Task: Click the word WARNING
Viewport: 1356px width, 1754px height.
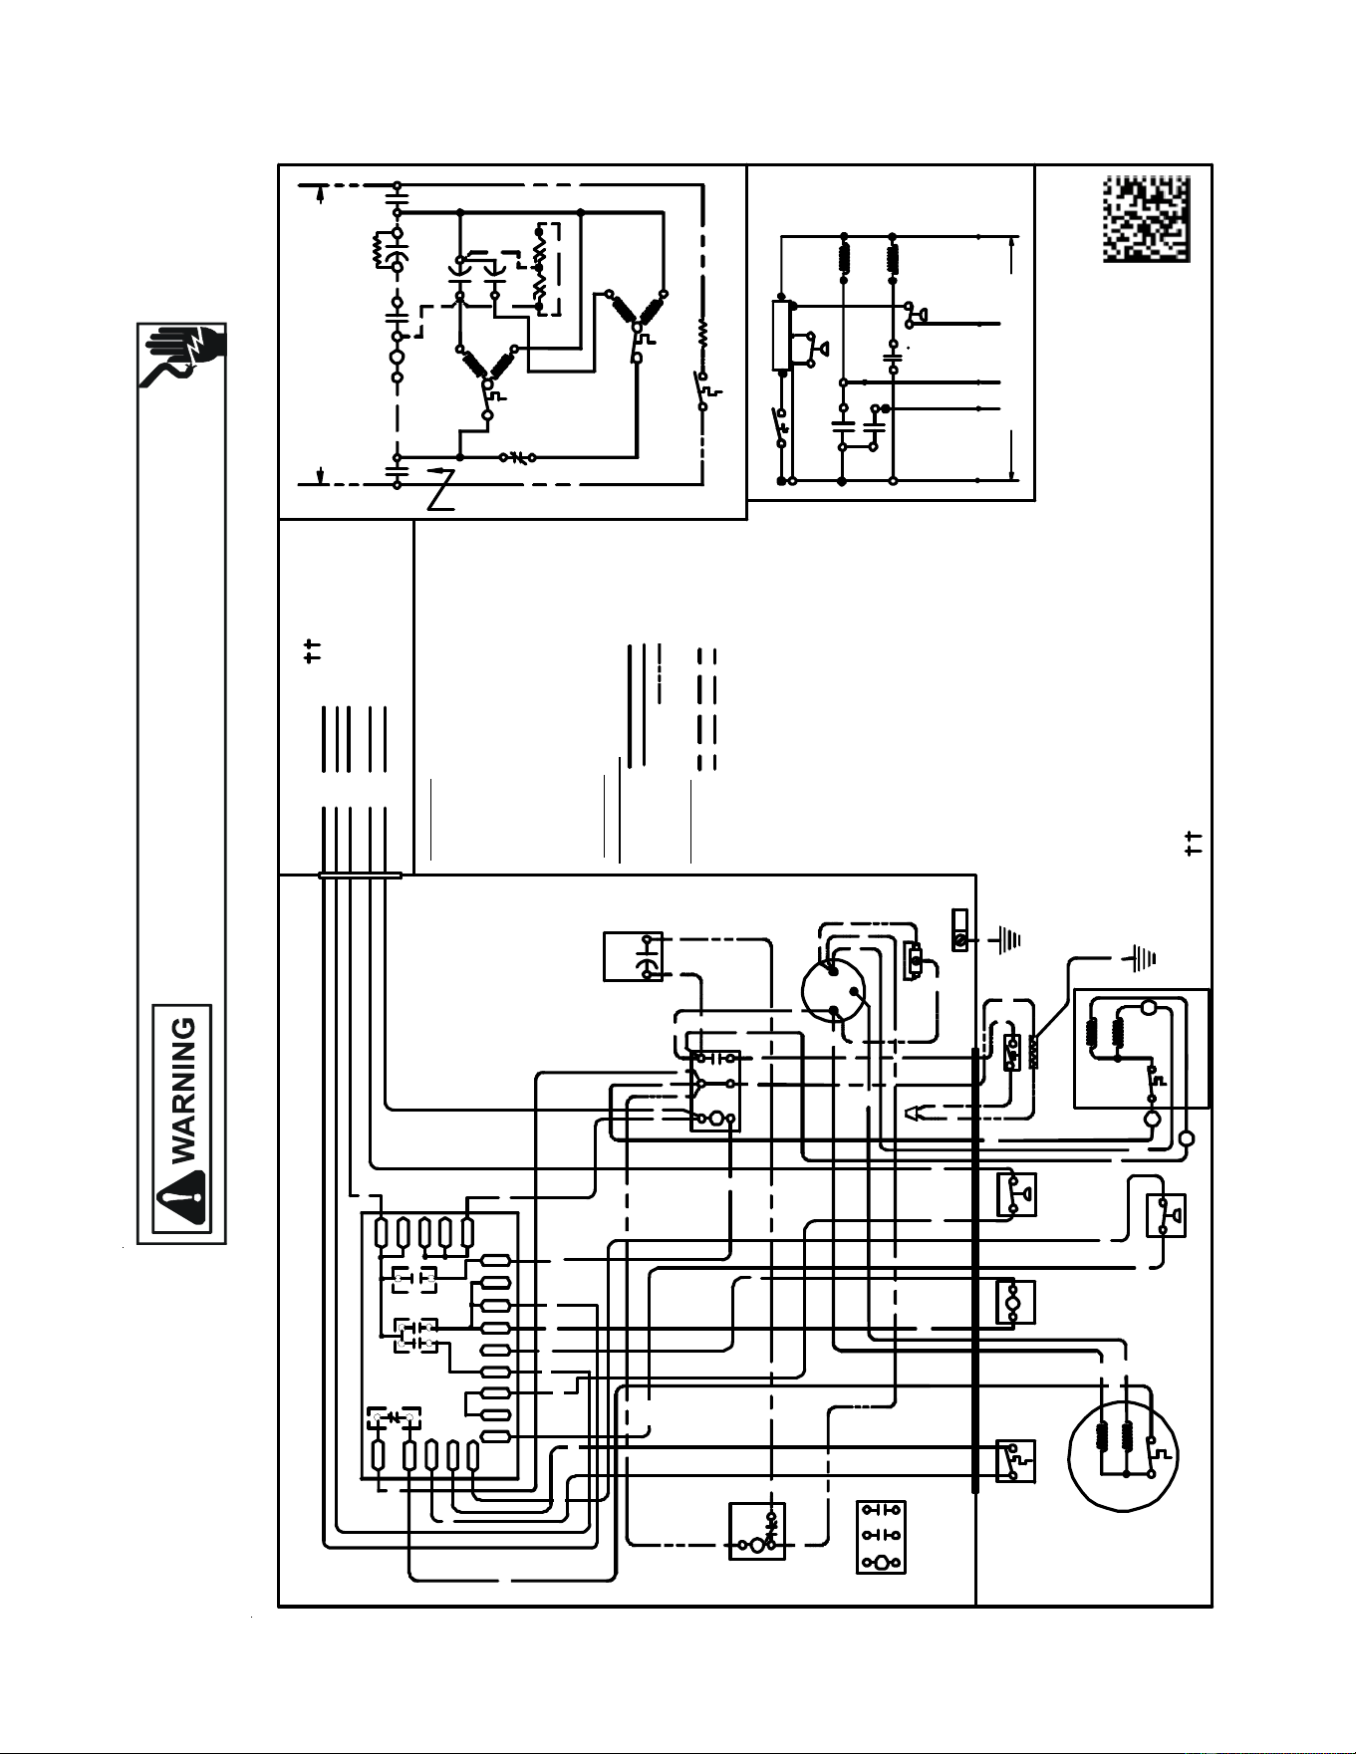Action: (x=184, y=1089)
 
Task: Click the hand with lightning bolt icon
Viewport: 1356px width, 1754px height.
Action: (x=184, y=356)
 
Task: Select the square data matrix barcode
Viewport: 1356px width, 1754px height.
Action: (x=1147, y=219)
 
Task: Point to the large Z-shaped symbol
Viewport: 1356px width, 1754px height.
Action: (x=440, y=487)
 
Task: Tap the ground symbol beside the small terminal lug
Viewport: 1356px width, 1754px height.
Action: (x=1007, y=938)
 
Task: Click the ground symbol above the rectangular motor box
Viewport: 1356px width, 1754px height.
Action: (x=1142, y=958)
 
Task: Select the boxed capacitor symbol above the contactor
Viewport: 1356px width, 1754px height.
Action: (x=634, y=956)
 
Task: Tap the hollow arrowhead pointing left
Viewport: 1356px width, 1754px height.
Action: (x=914, y=1113)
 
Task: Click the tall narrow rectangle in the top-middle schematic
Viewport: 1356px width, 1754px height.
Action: (x=782, y=338)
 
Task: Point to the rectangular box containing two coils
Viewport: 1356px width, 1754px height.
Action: (x=1142, y=1048)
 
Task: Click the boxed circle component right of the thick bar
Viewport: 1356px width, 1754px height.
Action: (x=1015, y=1302)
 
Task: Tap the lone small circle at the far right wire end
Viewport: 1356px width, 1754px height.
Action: (x=1187, y=1138)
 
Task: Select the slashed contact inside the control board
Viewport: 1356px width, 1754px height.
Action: (x=395, y=1416)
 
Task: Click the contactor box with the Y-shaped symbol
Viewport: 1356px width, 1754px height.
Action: (x=715, y=1091)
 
